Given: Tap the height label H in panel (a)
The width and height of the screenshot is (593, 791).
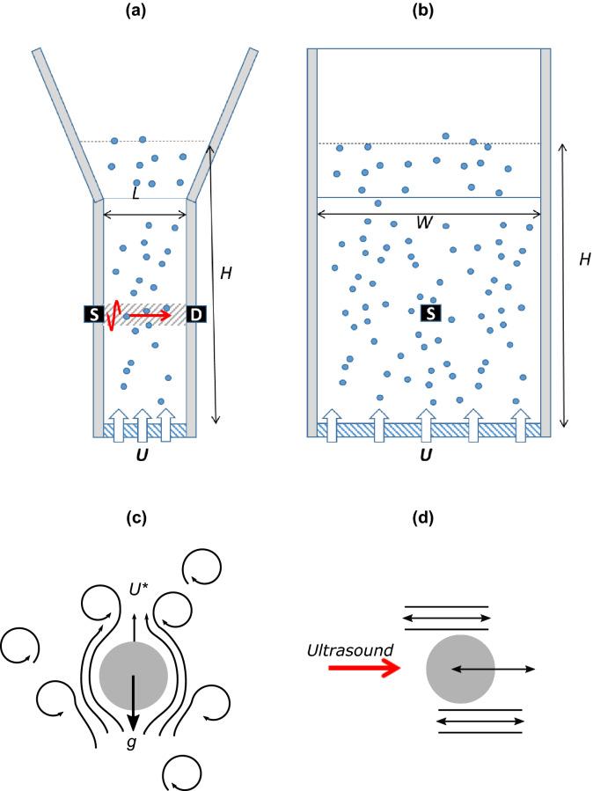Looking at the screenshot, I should tap(226, 274).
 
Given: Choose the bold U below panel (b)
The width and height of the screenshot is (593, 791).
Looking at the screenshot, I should tap(427, 456).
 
